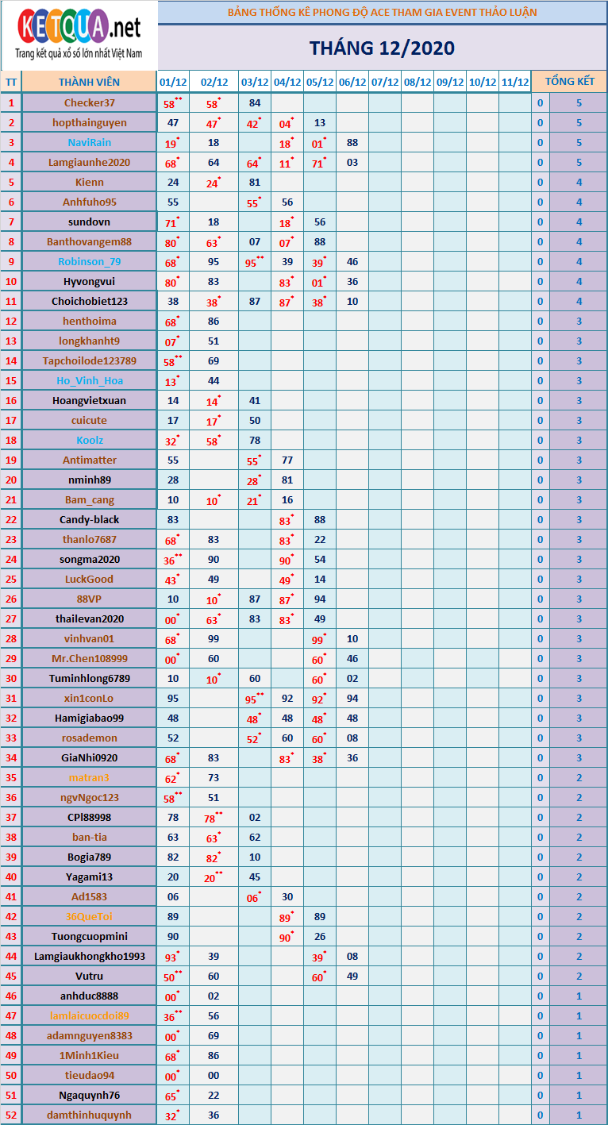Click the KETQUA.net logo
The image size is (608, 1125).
coord(79,35)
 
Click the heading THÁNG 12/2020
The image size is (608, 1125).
coord(382,48)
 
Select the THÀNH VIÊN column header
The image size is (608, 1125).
coord(89,82)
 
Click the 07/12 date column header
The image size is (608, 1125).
coord(384,82)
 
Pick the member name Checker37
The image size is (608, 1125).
coord(89,102)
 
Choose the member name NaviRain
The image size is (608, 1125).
coord(89,142)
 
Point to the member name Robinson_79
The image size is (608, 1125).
coord(89,261)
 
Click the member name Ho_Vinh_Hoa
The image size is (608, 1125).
coord(89,380)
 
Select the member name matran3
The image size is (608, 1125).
coord(89,777)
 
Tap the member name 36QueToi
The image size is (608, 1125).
coord(89,916)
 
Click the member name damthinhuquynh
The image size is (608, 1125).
coord(89,1115)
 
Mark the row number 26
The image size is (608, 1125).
coord(11,599)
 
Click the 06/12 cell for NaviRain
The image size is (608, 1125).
coord(352,142)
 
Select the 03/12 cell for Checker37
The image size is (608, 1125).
coord(255,102)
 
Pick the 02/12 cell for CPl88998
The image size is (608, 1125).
coord(213,817)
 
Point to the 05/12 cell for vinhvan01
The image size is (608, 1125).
coord(319,638)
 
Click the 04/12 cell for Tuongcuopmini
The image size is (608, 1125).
coord(287,936)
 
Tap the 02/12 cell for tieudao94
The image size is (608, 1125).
coord(213,1075)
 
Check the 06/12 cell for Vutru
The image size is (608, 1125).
coord(352,976)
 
